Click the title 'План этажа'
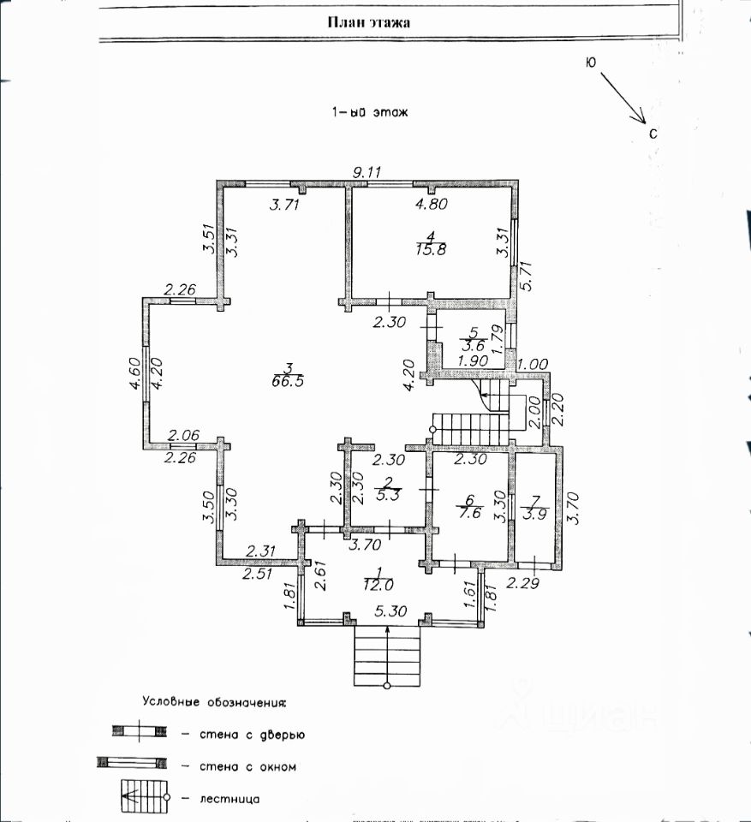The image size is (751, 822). click(x=369, y=22)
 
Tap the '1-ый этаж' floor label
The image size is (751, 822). click(x=370, y=111)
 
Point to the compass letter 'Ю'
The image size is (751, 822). click(x=591, y=63)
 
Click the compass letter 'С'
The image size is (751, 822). click(x=653, y=134)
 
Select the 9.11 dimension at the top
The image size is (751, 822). click(x=367, y=171)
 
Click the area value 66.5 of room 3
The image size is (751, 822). click(x=288, y=381)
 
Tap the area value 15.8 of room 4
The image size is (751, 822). click(x=431, y=248)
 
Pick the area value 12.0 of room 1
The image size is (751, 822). click(x=378, y=584)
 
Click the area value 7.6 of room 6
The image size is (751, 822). click(x=470, y=512)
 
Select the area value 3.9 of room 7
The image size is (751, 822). click(x=534, y=515)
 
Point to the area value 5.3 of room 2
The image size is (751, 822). click(x=389, y=495)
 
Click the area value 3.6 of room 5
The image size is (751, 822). click(x=473, y=345)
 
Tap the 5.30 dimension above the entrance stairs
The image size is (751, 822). click(x=390, y=611)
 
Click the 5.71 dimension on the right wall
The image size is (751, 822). click(x=527, y=276)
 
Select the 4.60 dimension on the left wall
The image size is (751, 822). click(x=134, y=373)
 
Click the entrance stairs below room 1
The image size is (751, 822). click(x=388, y=656)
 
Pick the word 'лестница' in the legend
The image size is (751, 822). click(x=229, y=800)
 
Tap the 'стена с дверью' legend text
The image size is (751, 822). click(x=253, y=735)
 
